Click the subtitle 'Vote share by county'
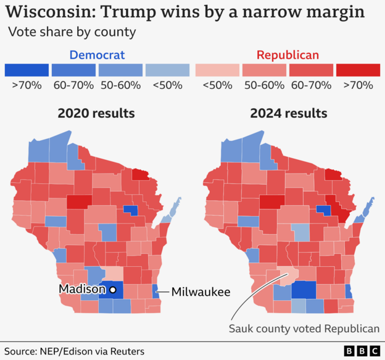72,31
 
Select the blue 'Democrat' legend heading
97,55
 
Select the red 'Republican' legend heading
288,55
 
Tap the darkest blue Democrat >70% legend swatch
27,70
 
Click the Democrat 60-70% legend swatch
73,70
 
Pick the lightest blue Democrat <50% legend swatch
168,70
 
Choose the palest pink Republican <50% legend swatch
217,70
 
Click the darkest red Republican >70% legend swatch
358,70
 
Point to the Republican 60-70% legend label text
311,85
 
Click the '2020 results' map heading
96,114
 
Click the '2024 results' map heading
288,114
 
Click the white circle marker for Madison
113,289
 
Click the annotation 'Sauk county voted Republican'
304,329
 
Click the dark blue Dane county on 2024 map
303,290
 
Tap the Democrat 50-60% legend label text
120,85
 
